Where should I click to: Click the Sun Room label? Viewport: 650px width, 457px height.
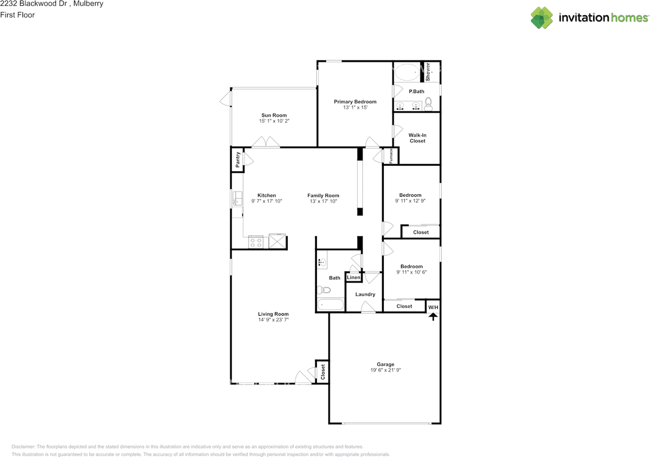click(x=274, y=115)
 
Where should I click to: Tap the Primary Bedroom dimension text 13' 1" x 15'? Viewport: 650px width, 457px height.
click(x=354, y=108)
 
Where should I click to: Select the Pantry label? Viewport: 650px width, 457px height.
click(x=237, y=160)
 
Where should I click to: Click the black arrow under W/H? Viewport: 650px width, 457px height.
click(x=433, y=317)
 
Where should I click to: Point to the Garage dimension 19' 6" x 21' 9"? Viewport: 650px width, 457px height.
click(x=385, y=370)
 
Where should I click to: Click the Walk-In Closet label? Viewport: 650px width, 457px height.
click(x=417, y=138)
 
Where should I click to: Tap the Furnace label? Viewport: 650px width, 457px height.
click(x=391, y=156)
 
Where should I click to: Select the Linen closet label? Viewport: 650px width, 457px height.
click(x=353, y=277)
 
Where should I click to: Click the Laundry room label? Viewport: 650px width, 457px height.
click(x=365, y=294)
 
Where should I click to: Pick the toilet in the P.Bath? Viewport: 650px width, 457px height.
click(x=428, y=105)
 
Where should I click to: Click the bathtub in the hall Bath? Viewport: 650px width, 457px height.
click(x=330, y=305)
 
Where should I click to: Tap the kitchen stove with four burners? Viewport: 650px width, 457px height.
click(x=256, y=242)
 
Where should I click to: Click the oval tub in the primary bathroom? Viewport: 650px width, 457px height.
click(x=406, y=72)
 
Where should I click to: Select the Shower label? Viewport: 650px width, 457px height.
click(x=428, y=72)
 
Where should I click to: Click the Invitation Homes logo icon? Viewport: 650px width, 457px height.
click(x=541, y=18)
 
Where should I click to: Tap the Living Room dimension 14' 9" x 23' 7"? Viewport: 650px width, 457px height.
click(x=273, y=321)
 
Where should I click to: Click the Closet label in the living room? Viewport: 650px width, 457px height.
click(x=322, y=372)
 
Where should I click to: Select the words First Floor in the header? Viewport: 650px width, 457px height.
click(x=17, y=15)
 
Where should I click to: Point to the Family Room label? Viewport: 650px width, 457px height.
click(x=323, y=195)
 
